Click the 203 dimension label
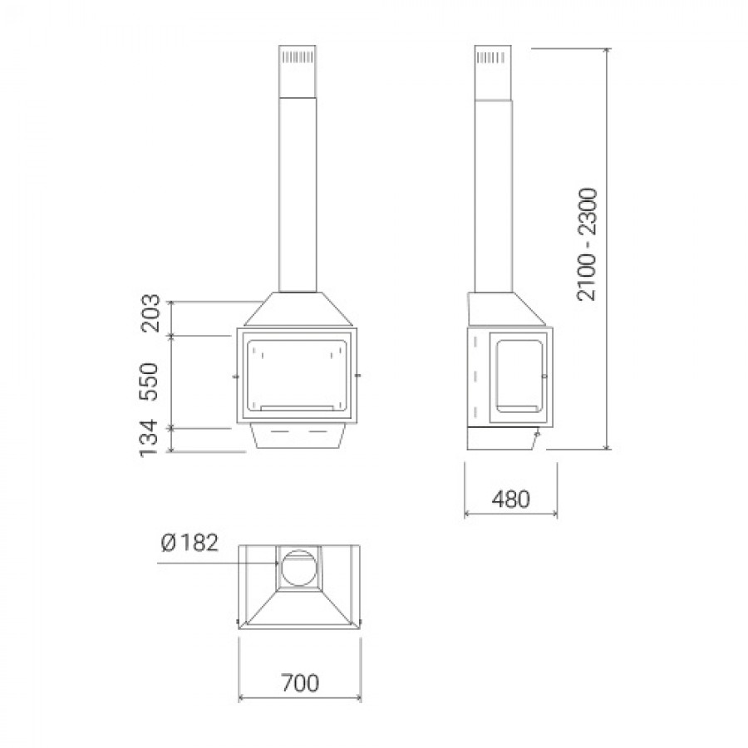[150, 313]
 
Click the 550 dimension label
[150, 381]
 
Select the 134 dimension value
[150, 438]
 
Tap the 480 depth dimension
[511, 499]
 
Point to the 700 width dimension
[299, 682]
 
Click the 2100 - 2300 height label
[587, 244]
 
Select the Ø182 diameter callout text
[189, 543]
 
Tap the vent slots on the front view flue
[298, 57]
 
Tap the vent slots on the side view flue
[491, 57]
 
